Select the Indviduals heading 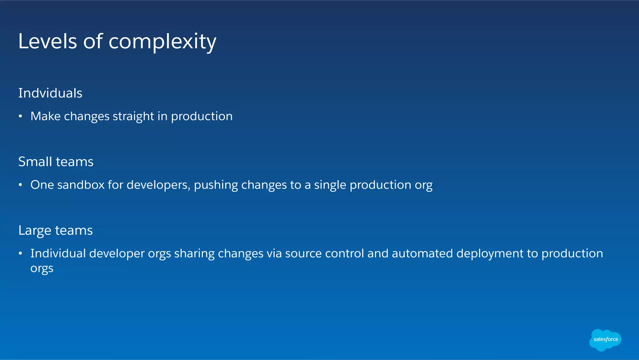50,93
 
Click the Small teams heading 56,162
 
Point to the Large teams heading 56,230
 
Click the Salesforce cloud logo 605,340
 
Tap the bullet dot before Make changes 20,116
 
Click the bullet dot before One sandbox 20,185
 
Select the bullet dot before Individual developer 20,254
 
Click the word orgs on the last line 42,269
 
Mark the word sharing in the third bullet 194,254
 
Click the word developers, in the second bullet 159,185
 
